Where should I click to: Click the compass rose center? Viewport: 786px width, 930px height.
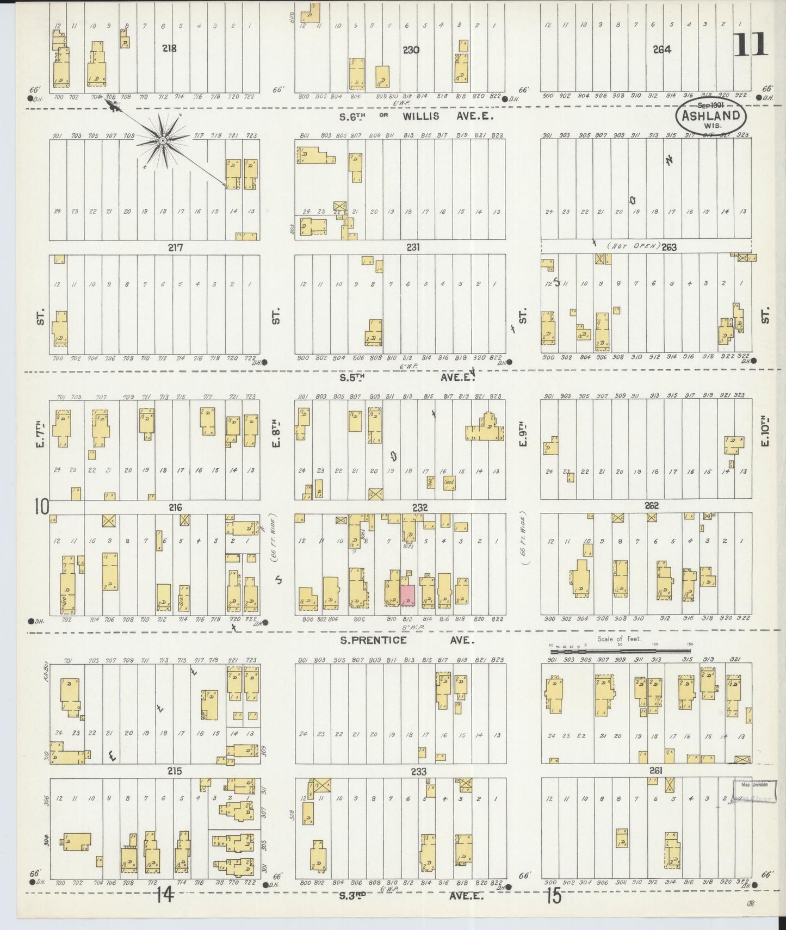pyautogui.click(x=162, y=141)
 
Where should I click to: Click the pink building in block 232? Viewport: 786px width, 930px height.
pyautogui.click(x=407, y=594)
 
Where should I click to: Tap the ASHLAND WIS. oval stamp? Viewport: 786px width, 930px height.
pyautogui.click(x=711, y=115)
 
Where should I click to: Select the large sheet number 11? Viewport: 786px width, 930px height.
pyautogui.click(x=751, y=45)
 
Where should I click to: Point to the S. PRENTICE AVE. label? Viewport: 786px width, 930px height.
pyautogui.click(x=407, y=640)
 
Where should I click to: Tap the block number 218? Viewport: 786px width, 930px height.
pyautogui.click(x=169, y=48)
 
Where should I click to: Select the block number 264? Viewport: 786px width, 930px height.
pyautogui.click(x=661, y=49)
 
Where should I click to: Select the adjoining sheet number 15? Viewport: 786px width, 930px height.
pyautogui.click(x=553, y=896)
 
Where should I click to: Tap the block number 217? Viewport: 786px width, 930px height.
pyautogui.click(x=175, y=247)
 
